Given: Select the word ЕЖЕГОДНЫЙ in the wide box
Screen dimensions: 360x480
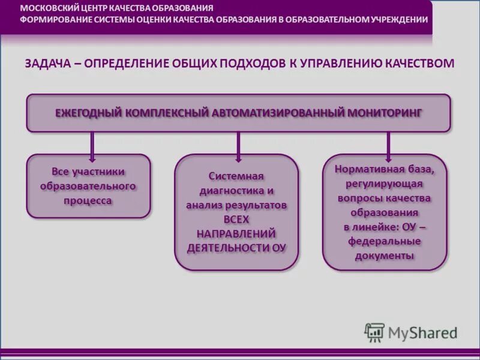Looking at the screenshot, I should click(88, 112).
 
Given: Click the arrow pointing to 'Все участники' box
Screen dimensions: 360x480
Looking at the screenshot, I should click(92, 143).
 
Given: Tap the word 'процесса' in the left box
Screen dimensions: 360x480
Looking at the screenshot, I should click(88, 200).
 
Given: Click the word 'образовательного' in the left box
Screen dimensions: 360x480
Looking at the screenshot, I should click(88, 186).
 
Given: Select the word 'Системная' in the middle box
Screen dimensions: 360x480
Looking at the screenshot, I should click(236, 176).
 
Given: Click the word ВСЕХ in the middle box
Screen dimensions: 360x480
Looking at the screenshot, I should click(236, 219).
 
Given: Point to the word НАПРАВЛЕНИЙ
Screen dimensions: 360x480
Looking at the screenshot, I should click(236, 233).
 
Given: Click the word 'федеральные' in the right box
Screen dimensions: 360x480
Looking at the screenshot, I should click(385, 241).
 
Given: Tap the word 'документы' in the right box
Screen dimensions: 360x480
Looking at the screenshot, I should click(385, 256).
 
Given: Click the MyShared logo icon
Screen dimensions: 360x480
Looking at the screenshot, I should click(374, 332).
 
